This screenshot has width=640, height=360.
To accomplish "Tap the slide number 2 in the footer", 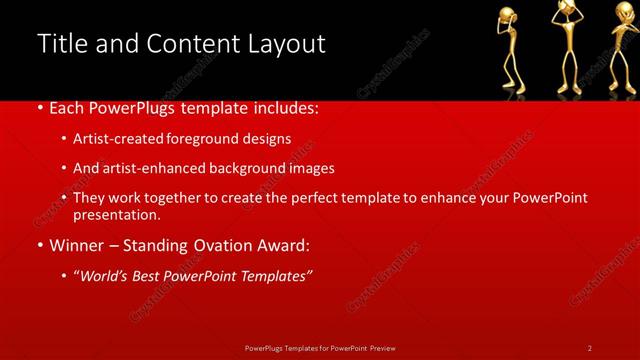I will (590, 348).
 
